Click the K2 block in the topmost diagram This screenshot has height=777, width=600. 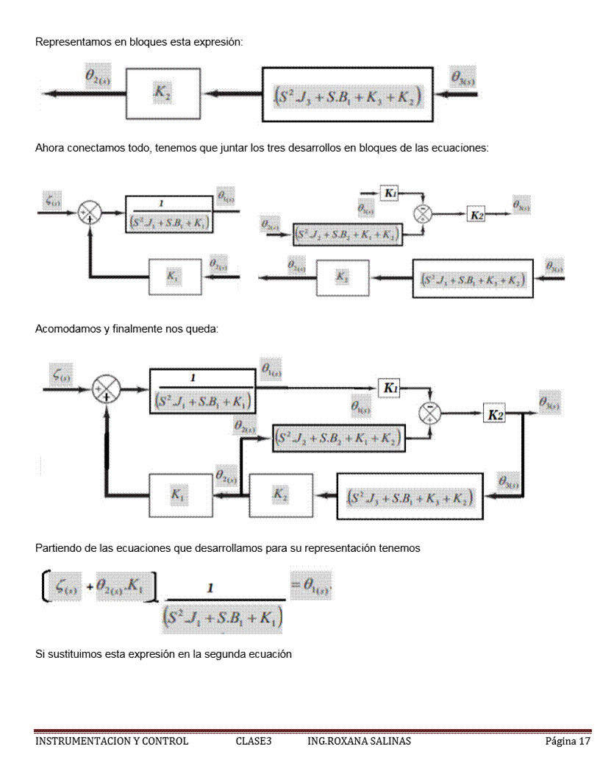tap(162, 93)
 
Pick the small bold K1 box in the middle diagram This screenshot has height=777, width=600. tap(390, 193)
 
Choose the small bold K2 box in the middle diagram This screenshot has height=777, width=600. tap(477, 214)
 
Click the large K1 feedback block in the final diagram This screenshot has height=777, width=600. tap(177, 495)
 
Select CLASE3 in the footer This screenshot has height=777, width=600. tap(254, 741)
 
